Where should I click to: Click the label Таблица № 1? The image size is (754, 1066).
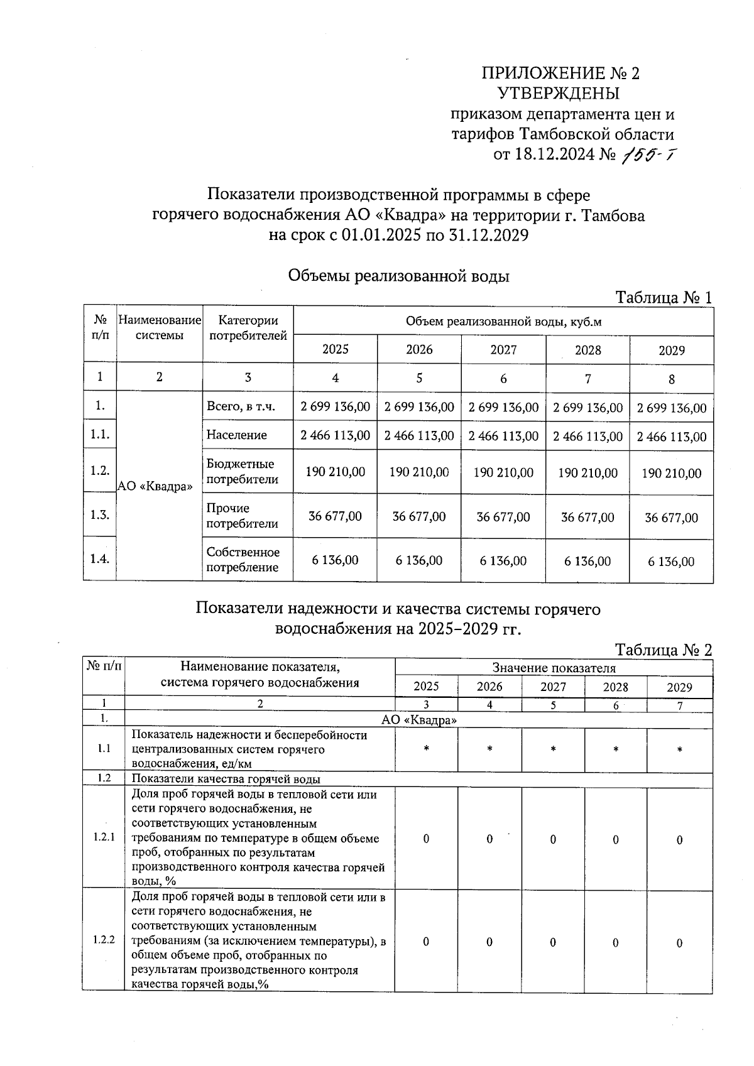tap(664, 297)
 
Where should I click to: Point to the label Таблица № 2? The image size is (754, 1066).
tap(664, 650)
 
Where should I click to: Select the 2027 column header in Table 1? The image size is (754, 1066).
tap(503, 350)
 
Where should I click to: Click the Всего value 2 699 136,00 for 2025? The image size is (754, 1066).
tap(336, 407)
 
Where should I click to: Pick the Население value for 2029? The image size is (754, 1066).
tap(671, 437)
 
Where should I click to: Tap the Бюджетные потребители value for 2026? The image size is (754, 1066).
tap(419, 472)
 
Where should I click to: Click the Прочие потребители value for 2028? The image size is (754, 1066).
tap(587, 518)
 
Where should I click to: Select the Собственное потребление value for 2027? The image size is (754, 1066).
tap(503, 561)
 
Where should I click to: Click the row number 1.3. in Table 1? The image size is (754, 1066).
tap(100, 515)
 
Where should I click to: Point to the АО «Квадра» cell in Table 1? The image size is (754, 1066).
tap(155, 487)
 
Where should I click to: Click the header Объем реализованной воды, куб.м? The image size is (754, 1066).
tap(503, 322)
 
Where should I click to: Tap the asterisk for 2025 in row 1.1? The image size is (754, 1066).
tap(427, 749)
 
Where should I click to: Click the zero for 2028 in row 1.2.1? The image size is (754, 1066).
tap(616, 840)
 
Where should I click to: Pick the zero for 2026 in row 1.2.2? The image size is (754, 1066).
tap(489, 942)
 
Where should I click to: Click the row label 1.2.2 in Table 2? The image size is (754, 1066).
tap(104, 940)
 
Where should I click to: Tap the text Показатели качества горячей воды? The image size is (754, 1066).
tap(226, 780)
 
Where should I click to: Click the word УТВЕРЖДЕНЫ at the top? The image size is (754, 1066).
tap(558, 94)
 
